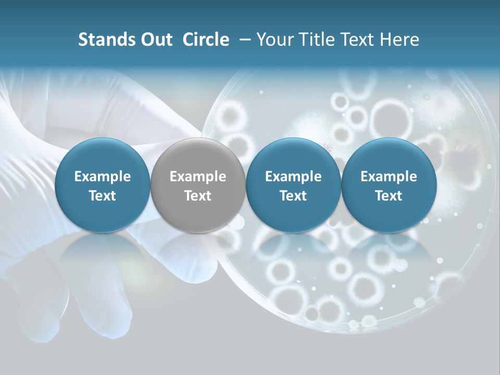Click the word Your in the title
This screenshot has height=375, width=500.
[273, 40]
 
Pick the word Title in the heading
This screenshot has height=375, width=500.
[312, 40]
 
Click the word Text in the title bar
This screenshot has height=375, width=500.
[357, 40]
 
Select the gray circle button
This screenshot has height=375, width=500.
[198, 185]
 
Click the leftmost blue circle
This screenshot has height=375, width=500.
[103, 185]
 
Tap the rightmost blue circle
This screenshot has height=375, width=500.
[389, 185]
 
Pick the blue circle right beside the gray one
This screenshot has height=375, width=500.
[293, 185]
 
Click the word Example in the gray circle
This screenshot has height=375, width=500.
[198, 177]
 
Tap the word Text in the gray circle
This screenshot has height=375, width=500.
[198, 196]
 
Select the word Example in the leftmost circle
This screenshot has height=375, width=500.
[103, 177]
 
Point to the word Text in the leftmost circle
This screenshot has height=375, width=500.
[103, 196]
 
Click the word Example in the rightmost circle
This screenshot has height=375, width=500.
[389, 177]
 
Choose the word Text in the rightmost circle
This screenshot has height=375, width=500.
[389, 196]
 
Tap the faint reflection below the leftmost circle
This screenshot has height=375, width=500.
[103, 255]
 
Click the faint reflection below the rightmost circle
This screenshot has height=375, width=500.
[389, 255]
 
